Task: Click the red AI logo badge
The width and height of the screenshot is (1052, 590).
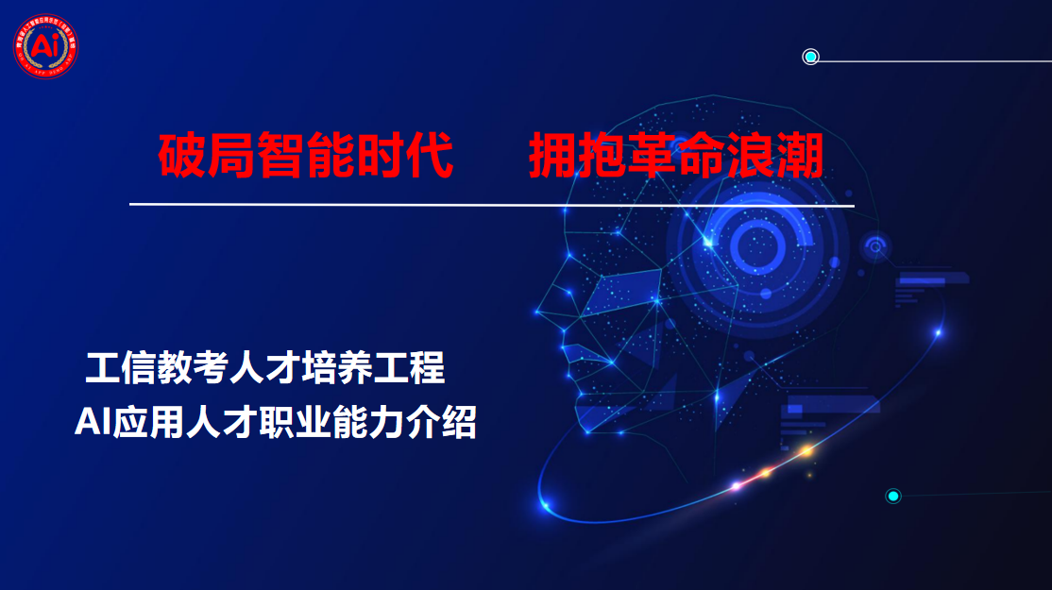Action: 45,45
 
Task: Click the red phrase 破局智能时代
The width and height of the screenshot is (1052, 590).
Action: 306,155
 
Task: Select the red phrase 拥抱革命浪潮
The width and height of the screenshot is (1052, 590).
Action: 676,155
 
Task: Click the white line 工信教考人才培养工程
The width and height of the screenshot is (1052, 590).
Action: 265,368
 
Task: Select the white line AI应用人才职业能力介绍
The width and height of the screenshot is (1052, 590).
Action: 276,423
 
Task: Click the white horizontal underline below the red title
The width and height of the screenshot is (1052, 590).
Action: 491,204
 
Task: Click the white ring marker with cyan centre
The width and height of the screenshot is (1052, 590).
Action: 810,57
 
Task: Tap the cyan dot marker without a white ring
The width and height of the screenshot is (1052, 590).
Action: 892,496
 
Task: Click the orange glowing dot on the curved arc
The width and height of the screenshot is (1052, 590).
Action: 806,451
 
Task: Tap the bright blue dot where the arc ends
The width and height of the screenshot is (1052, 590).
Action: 938,332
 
